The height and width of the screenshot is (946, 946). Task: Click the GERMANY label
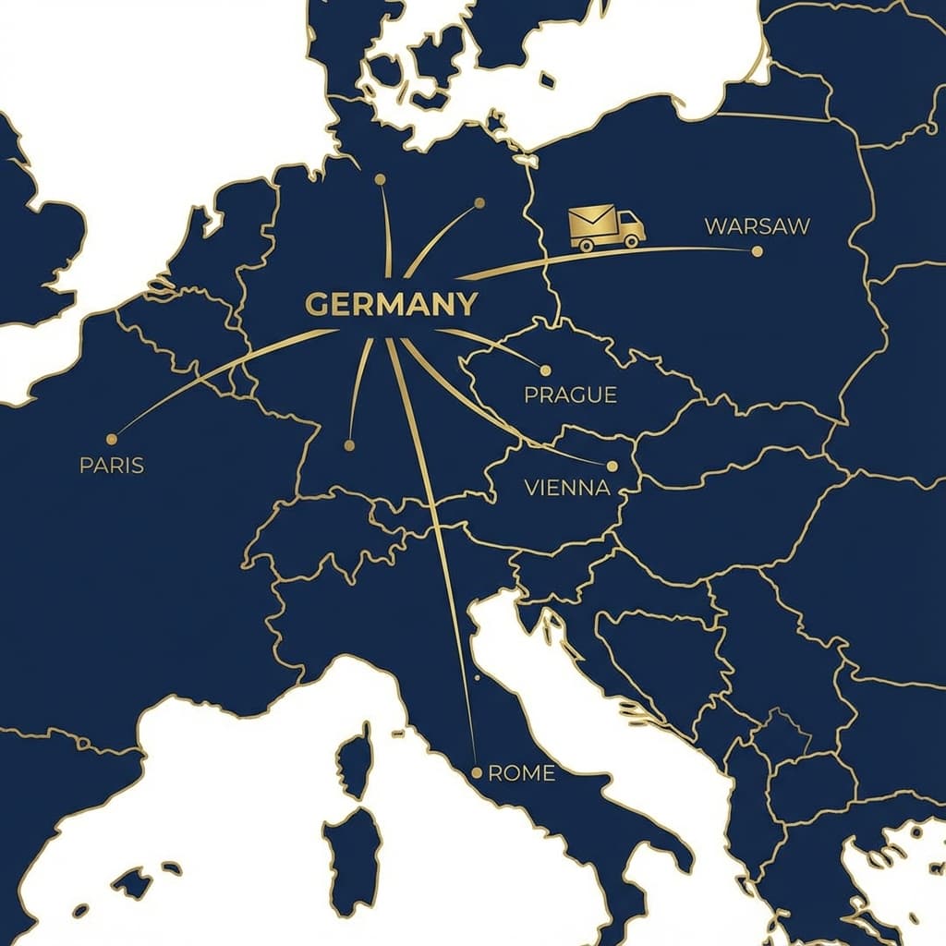point(391,304)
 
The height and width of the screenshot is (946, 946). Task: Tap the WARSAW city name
point(757,225)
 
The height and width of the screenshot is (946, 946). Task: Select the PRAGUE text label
point(570,395)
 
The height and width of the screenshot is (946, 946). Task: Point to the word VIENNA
point(567,488)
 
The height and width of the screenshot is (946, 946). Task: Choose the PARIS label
point(112,465)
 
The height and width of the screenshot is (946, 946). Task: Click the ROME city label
point(521,773)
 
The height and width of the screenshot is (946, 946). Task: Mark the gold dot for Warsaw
point(758,250)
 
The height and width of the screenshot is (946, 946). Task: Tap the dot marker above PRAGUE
point(545,370)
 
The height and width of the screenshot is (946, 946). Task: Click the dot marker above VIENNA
point(612,467)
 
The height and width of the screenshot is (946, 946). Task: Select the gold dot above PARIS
point(112,439)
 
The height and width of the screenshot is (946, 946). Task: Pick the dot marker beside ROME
point(477,772)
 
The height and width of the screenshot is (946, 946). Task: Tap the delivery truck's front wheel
point(632,243)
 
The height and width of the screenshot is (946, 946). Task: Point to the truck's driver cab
point(630,225)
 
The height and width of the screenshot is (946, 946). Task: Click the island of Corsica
point(354,759)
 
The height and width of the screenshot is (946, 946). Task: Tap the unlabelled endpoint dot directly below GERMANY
point(349,445)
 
